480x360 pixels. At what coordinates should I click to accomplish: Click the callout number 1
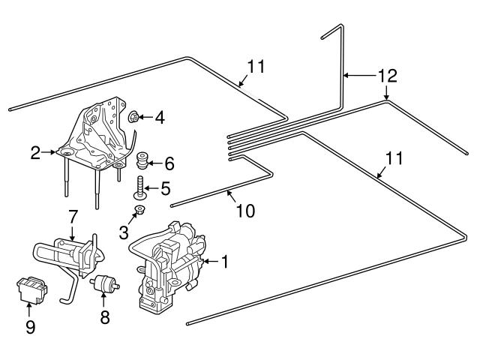pyautogui.click(x=225, y=262)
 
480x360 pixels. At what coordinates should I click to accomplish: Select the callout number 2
pyautogui.click(x=35, y=153)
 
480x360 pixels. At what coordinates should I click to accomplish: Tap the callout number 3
pyautogui.click(x=124, y=233)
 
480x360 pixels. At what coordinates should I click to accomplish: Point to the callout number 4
pyautogui.click(x=160, y=118)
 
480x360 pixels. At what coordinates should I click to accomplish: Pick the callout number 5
pyautogui.click(x=165, y=188)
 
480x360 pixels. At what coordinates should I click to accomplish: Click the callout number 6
pyautogui.click(x=169, y=163)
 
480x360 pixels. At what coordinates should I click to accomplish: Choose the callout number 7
pyautogui.click(x=72, y=217)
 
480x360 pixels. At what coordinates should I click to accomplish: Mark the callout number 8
pyautogui.click(x=105, y=316)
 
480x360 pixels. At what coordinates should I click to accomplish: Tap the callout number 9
pyautogui.click(x=30, y=327)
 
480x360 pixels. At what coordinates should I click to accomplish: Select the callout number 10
pyautogui.click(x=245, y=211)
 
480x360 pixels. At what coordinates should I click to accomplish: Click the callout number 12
pyautogui.click(x=388, y=76)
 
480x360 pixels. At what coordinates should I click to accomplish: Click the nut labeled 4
pyautogui.click(x=133, y=117)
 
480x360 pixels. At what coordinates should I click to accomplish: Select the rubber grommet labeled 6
pyautogui.click(x=142, y=160)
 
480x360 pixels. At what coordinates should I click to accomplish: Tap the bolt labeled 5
pyautogui.click(x=140, y=187)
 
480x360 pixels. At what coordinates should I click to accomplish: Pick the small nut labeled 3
pyautogui.click(x=140, y=210)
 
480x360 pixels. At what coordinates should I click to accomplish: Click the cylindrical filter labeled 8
pyautogui.click(x=104, y=283)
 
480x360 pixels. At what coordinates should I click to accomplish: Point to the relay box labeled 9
pyautogui.click(x=31, y=290)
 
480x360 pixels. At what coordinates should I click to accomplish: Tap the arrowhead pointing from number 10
pyautogui.click(x=228, y=193)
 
